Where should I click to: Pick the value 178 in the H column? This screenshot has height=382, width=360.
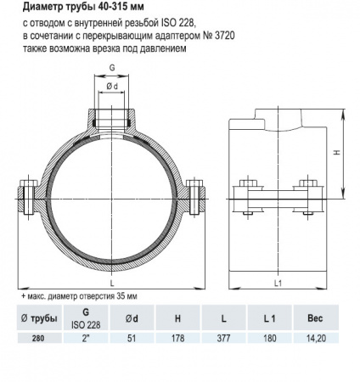(177, 336)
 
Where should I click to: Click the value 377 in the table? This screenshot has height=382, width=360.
(222, 336)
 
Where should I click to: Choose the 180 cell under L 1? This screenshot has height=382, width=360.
(267, 336)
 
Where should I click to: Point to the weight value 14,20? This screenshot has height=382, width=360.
(314, 336)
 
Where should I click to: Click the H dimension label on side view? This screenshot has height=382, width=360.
(336, 153)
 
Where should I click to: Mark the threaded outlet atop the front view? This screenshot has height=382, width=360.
(111, 115)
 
